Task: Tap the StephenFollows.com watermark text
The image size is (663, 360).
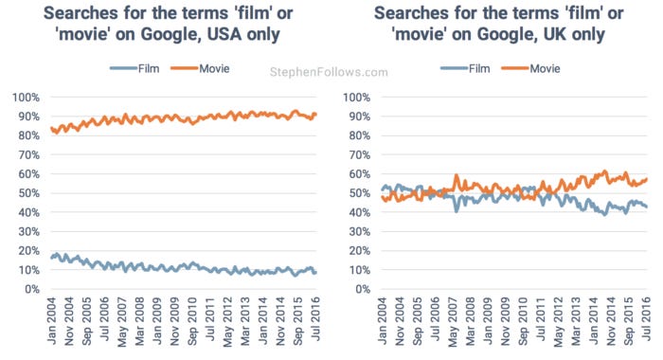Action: click(x=329, y=72)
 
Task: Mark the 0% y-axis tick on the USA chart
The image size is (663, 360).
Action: click(x=27, y=289)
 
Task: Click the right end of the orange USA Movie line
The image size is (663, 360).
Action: click(x=315, y=115)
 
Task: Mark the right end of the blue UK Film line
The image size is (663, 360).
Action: click(x=647, y=207)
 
